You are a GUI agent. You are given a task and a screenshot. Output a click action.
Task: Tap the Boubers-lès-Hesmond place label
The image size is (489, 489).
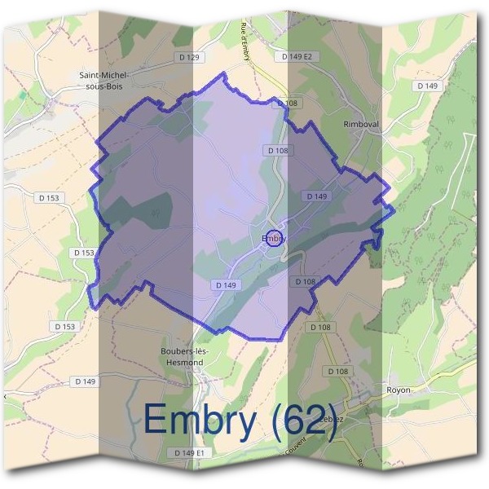(185, 356)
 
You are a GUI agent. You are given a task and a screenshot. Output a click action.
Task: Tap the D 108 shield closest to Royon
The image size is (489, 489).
(338, 371)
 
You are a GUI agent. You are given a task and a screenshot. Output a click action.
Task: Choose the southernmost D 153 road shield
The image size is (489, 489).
(65, 326)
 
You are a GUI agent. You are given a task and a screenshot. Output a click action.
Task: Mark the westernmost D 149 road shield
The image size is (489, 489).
(85, 381)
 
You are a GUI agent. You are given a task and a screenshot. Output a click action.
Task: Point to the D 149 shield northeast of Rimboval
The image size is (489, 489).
(428, 85)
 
